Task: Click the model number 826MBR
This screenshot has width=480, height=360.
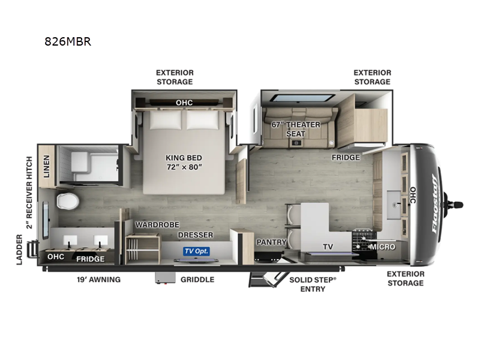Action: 67,42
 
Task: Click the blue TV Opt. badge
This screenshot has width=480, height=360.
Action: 196,251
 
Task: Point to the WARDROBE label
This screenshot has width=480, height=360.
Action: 157,224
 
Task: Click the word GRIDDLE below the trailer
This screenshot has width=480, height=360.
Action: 197,280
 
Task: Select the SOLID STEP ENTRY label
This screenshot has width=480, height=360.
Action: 308,284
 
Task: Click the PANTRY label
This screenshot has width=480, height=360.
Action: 270,242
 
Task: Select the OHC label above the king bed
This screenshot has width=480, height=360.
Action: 184,103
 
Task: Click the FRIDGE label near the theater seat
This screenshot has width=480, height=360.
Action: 346,158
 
